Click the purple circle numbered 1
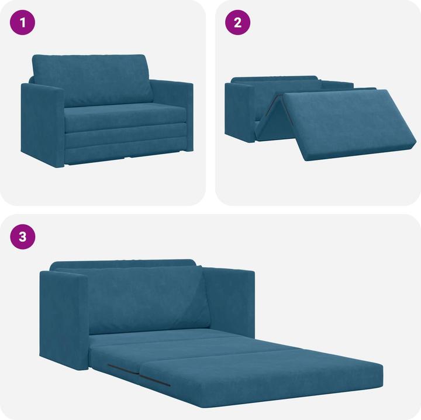pyautogui.click(x=23, y=23)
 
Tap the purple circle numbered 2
pyautogui.click(x=237, y=23)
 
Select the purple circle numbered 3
pyautogui.click(x=23, y=237)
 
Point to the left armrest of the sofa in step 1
pyautogui.click(x=42, y=126)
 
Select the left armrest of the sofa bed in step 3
pyautogui.click(x=63, y=316)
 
